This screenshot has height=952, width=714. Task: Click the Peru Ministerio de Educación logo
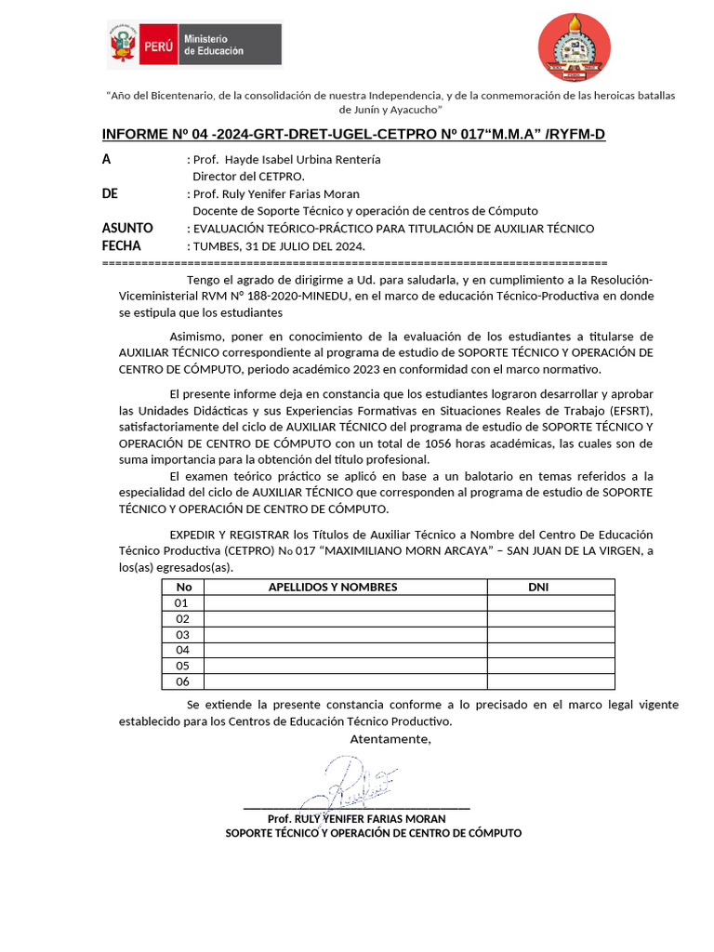click(x=194, y=45)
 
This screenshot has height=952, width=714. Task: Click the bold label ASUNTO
click(x=127, y=229)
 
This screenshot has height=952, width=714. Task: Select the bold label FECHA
click(x=122, y=246)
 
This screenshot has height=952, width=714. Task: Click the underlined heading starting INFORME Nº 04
click(x=353, y=135)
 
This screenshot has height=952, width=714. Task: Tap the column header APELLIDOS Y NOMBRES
click(x=333, y=587)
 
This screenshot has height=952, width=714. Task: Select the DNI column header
click(x=538, y=587)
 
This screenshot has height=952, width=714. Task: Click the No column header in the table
click(x=183, y=587)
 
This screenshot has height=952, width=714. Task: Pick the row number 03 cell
click(x=183, y=634)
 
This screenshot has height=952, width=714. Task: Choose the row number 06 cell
click(x=183, y=681)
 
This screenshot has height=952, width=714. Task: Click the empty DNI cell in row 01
click(x=550, y=602)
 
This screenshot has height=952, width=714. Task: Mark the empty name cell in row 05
click(x=345, y=666)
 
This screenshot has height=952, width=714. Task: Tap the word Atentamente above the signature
click(x=390, y=739)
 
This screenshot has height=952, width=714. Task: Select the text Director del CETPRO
click(x=248, y=176)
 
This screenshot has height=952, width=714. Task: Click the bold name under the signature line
click(x=356, y=819)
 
